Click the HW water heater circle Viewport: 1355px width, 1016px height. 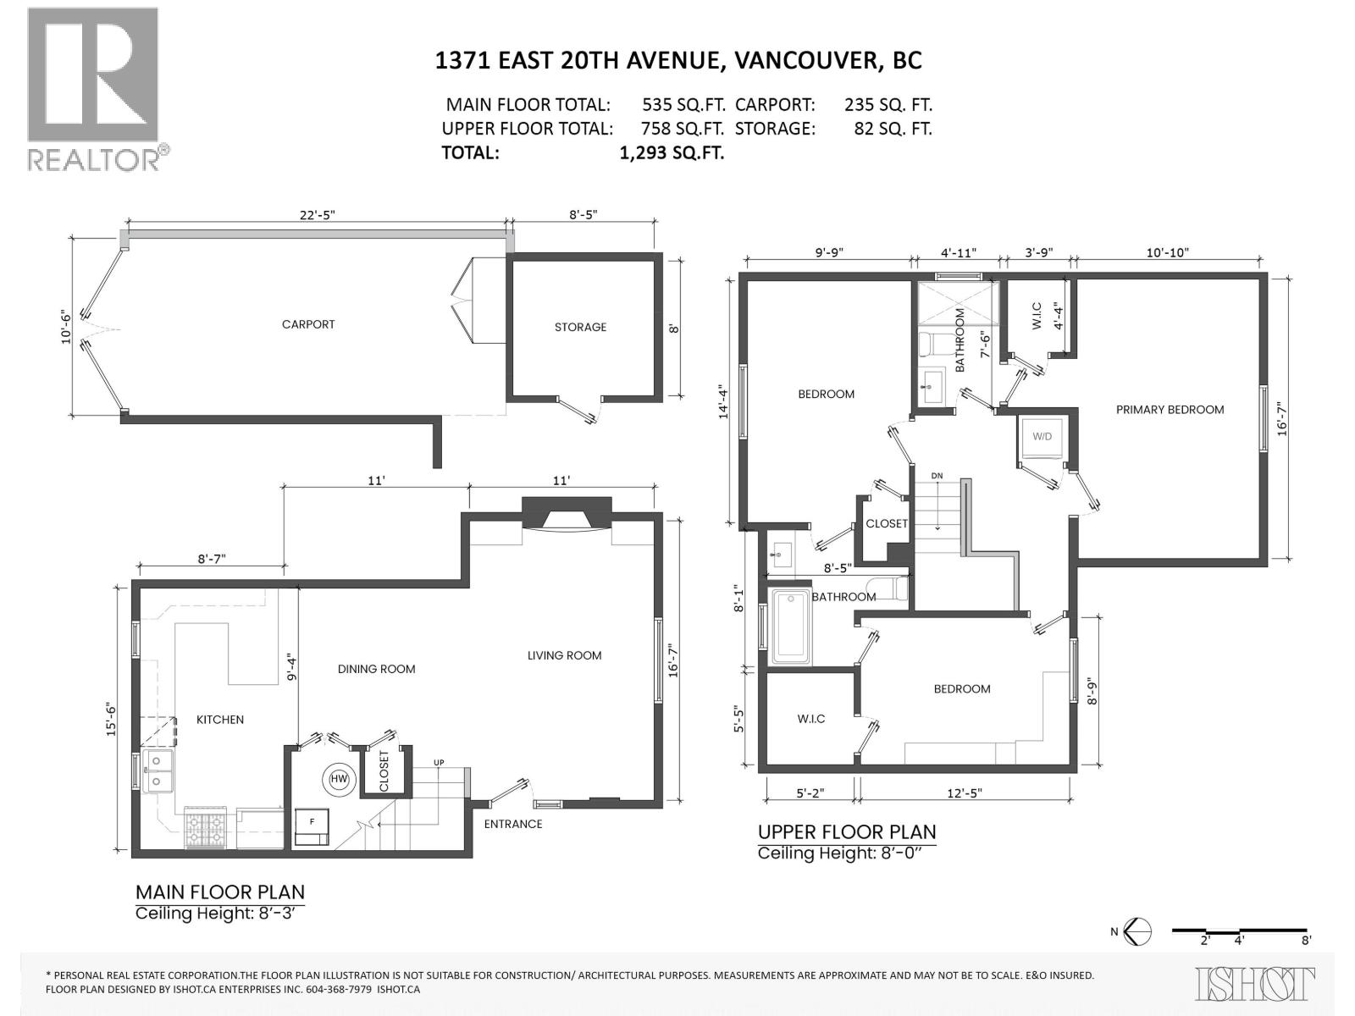point(339,779)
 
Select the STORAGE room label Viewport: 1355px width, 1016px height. point(580,327)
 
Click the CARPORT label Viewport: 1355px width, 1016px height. point(308,324)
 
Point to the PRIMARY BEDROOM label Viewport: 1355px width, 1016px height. point(1170,410)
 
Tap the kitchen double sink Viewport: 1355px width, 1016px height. point(158,771)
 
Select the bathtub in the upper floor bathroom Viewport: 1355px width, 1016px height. point(791,627)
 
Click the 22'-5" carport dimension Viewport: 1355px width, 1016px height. point(318,215)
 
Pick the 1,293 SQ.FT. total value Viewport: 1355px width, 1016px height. point(672,153)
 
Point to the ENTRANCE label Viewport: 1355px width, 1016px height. point(513,824)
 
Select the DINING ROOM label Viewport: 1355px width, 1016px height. point(377,670)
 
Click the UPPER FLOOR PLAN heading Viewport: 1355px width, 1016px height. point(847,832)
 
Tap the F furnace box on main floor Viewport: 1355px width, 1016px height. point(312,826)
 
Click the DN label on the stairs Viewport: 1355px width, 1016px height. point(937,476)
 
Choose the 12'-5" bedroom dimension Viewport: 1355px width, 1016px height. point(965,792)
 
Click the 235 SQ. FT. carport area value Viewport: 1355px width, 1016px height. point(888,105)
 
